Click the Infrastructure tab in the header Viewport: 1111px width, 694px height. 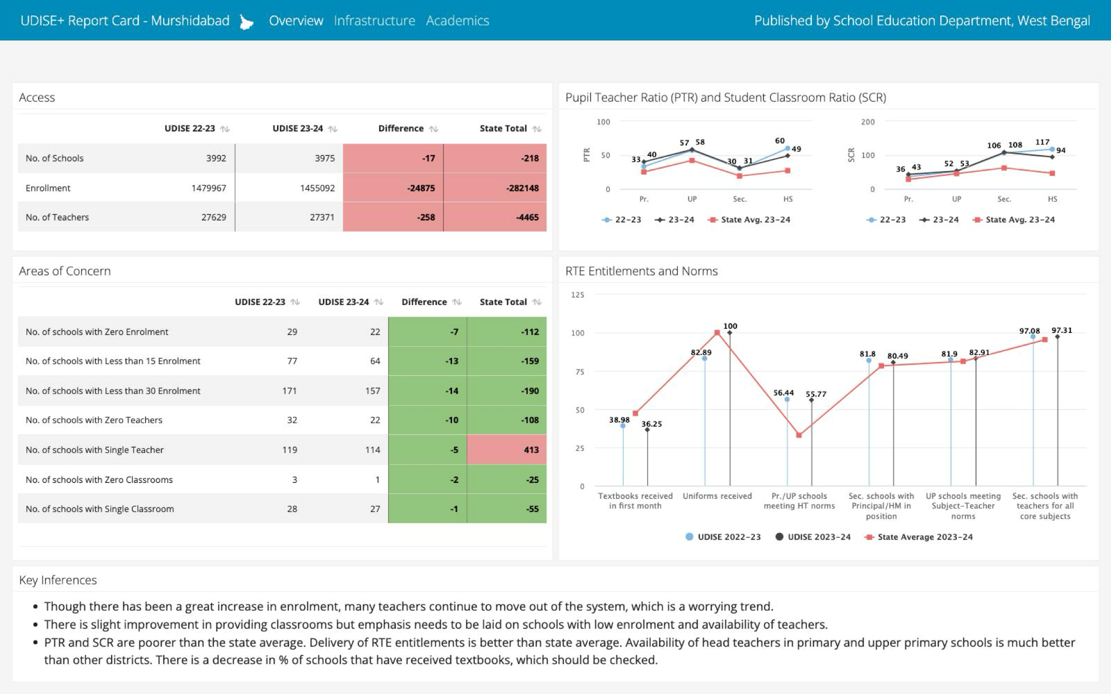[x=374, y=20]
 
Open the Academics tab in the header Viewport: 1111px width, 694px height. [x=457, y=20]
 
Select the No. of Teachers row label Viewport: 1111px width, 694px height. [x=57, y=217]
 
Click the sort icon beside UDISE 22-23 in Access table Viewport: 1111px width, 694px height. [x=225, y=129]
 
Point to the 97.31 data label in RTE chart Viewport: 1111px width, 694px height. [x=1061, y=330]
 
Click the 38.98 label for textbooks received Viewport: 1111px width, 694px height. [x=619, y=420]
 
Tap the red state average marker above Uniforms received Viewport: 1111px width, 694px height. [x=717, y=332]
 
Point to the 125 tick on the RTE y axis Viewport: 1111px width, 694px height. [x=577, y=295]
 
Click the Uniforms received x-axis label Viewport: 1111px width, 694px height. [x=717, y=496]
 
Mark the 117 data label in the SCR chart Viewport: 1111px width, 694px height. [x=1042, y=142]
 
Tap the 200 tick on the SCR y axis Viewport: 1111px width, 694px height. [x=867, y=122]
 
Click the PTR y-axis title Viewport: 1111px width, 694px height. [x=587, y=155]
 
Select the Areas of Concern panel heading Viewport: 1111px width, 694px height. [x=64, y=271]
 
